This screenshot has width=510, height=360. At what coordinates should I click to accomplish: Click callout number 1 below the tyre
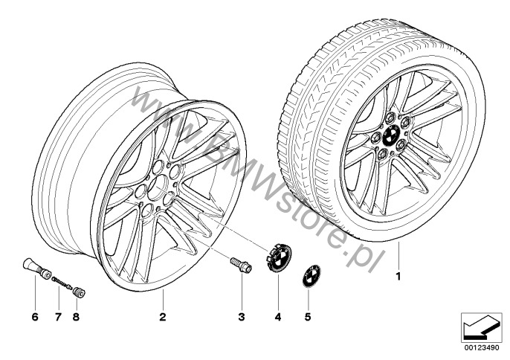pyautogui.click(x=398, y=277)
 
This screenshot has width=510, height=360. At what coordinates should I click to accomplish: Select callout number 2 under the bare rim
pyautogui.click(x=163, y=316)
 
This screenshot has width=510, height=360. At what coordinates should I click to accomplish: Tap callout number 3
pyautogui.click(x=242, y=316)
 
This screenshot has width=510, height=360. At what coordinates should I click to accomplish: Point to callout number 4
pyautogui.click(x=277, y=316)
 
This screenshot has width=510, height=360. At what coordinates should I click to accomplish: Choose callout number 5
pyautogui.click(x=308, y=316)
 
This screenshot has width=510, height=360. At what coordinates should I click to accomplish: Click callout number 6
pyautogui.click(x=35, y=316)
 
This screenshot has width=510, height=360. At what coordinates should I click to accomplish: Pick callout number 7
pyautogui.click(x=58, y=316)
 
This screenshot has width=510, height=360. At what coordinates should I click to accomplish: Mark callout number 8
pyautogui.click(x=76, y=316)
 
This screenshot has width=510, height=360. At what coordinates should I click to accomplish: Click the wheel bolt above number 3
pyautogui.click(x=241, y=266)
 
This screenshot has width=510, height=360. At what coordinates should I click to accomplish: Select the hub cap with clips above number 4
pyautogui.click(x=279, y=258)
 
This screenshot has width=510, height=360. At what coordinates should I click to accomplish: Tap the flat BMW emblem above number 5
pyautogui.click(x=312, y=276)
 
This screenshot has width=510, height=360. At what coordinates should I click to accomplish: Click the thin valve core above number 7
pyautogui.click(x=62, y=282)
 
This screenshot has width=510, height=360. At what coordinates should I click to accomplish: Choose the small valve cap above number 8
pyautogui.click(x=79, y=292)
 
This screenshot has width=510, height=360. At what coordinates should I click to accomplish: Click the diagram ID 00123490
pyautogui.click(x=482, y=347)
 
